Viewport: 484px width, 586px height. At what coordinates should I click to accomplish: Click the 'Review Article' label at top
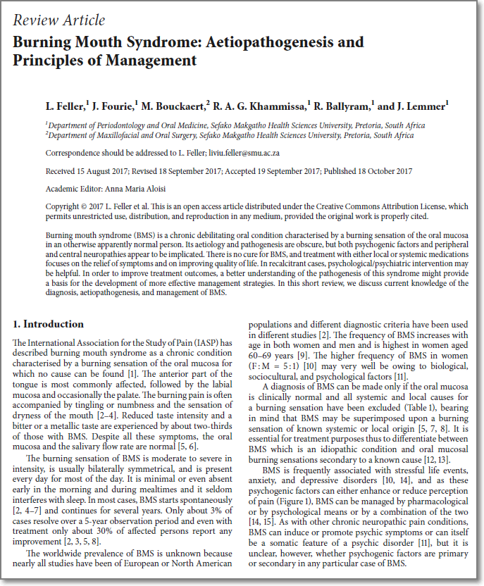tap(58, 20)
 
